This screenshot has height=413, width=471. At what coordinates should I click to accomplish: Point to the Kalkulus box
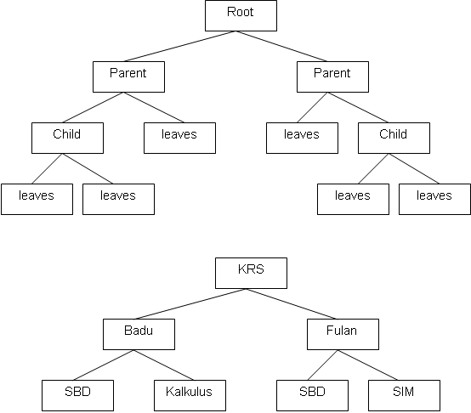(190, 393)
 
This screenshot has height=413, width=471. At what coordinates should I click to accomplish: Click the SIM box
(404, 393)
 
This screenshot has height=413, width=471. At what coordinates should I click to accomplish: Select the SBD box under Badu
(77, 393)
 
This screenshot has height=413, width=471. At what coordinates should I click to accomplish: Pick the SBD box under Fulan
(312, 393)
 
